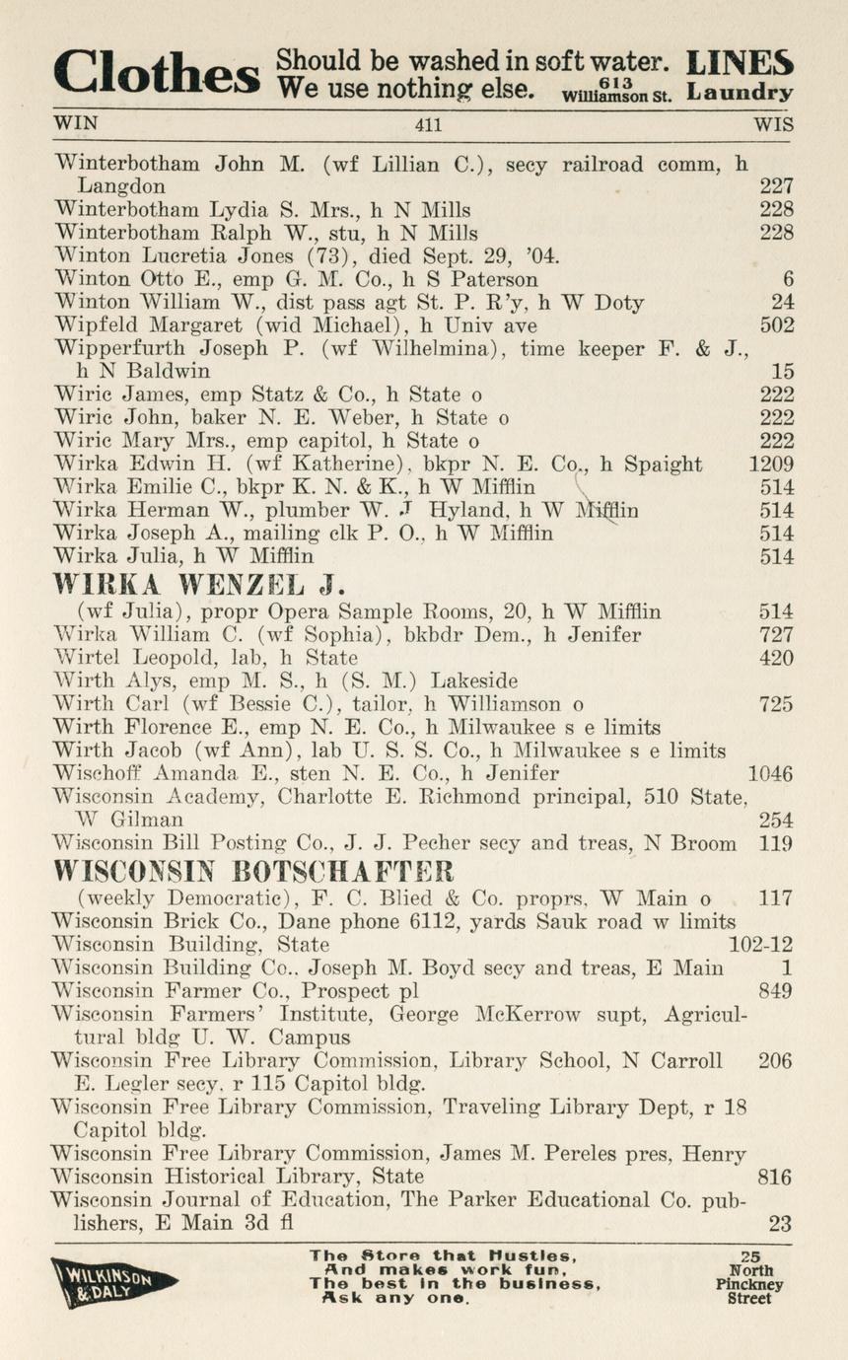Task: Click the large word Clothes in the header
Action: (x=158, y=76)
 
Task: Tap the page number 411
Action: (x=429, y=125)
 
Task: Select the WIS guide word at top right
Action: (x=773, y=125)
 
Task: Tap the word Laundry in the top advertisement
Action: (x=742, y=94)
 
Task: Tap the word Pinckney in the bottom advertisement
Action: (x=750, y=1285)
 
